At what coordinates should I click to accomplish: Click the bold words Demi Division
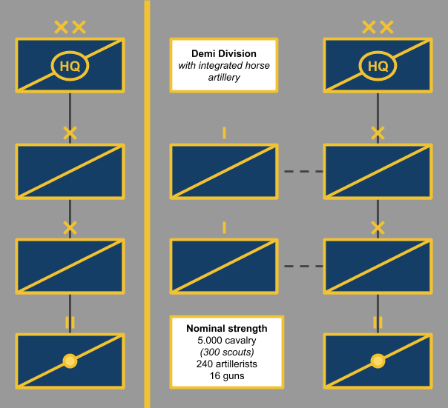224,54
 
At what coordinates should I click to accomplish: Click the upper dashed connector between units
303,171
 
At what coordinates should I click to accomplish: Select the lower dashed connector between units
303,266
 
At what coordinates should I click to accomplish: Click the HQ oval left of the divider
70,67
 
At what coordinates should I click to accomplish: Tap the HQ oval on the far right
378,67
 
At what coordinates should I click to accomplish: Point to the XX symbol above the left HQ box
70,28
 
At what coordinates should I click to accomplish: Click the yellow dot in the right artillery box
378,361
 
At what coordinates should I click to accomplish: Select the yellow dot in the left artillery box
70,361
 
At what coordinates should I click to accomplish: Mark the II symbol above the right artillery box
378,322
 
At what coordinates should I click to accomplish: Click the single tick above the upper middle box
224,133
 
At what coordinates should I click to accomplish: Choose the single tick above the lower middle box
224,227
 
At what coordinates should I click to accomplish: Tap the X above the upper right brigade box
378,133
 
